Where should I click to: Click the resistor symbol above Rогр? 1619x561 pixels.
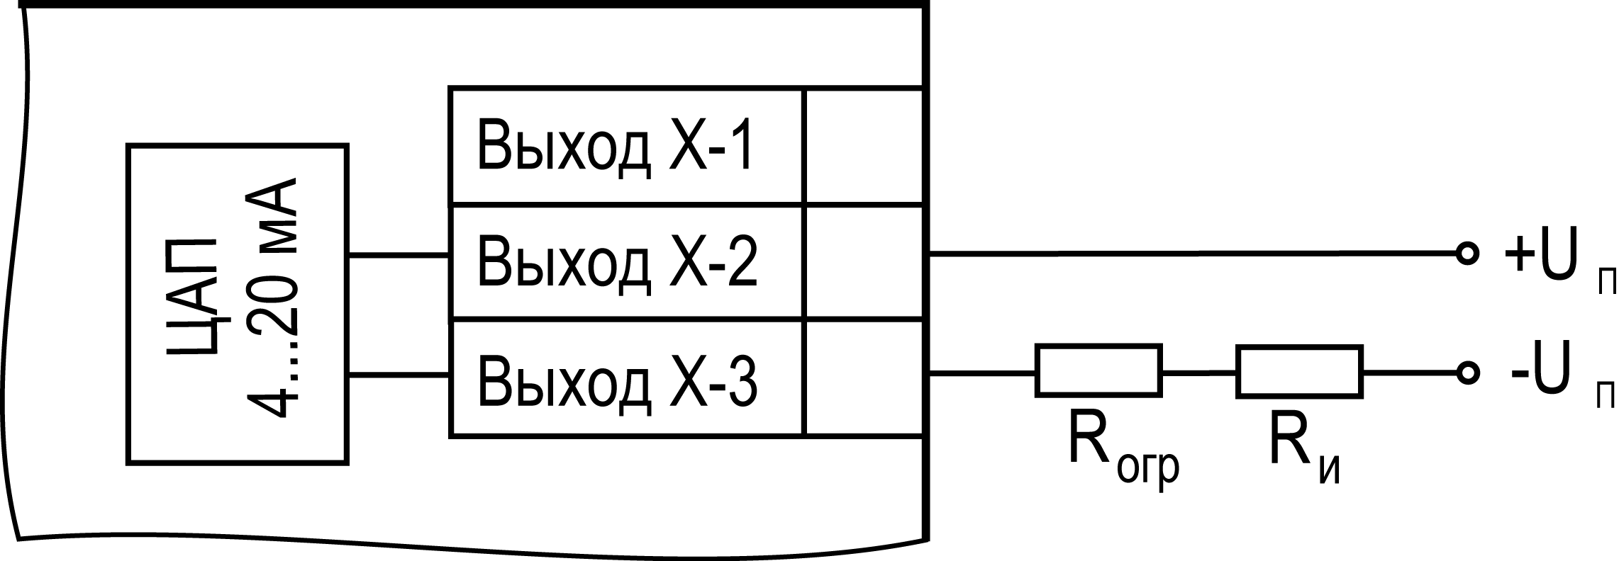1098,370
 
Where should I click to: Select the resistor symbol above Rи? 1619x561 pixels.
1299,370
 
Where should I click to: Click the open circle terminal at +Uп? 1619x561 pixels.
1467,253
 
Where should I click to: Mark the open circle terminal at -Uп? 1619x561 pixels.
1467,371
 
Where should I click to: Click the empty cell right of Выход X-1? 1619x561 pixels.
864,147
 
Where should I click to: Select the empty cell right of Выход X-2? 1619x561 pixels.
864,262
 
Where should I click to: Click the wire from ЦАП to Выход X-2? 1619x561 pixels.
399,255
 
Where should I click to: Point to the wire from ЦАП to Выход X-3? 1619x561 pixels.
399,375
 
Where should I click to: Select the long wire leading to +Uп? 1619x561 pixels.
1191,253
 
